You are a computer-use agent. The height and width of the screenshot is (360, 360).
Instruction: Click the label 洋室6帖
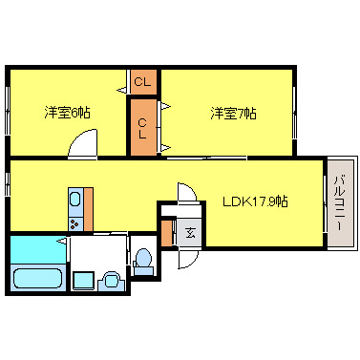pyautogui.click(x=66, y=113)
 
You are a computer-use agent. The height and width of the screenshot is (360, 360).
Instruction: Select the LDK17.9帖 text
pyautogui.click(x=256, y=201)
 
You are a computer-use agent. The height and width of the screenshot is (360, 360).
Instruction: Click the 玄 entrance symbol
pyautogui.click(x=190, y=232)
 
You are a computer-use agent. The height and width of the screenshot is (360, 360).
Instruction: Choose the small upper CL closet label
pyautogui.click(x=143, y=82)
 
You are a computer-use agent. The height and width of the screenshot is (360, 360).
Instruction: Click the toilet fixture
pyautogui.click(x=143, y=259)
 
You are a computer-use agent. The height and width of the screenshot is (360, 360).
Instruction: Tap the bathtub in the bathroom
pyautogui.click(x=37, y=280)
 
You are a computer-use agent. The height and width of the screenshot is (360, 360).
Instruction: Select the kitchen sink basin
pyautogui.click(x=74, y=201)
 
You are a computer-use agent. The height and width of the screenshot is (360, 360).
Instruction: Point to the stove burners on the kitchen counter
pyautogui.click(x=74, y=223)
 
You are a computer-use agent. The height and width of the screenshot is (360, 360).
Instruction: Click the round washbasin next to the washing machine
pyautogui.click(x=111, y=281)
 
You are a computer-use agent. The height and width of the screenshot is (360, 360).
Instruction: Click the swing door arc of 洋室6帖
pyautogui.click(x=82, y=145)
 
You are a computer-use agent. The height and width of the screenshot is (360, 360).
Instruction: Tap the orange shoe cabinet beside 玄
pyautogui.click(x=167, y=232)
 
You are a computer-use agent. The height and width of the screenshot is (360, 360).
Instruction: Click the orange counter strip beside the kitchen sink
pyautogui.click(x=89, y=209)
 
